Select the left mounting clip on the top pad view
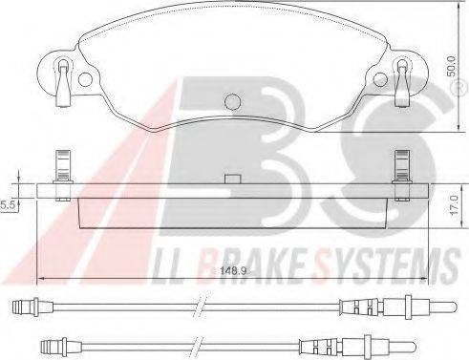[63, 78]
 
